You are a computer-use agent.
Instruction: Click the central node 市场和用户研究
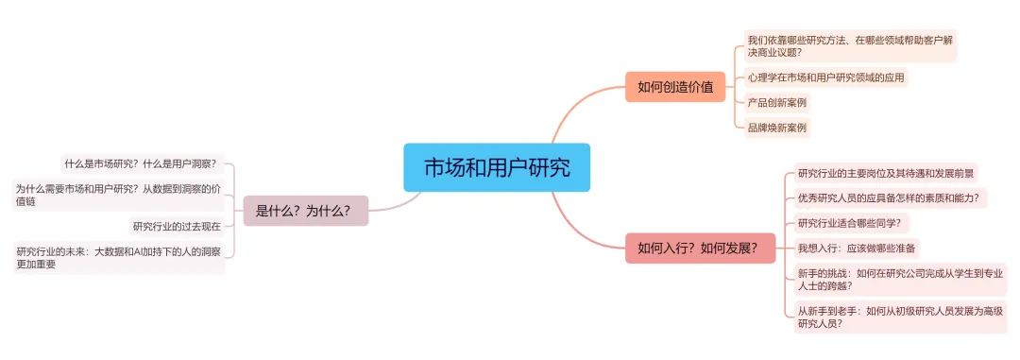(x=496, y=167)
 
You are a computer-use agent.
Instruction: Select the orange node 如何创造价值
(x=674, y=87)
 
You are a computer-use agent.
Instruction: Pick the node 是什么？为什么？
(x=305, y=211)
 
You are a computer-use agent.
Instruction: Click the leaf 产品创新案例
(x=777, y=102)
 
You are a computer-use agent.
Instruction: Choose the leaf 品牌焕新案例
(x=777, y=128)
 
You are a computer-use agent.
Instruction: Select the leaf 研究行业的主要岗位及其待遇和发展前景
(x=886, y=173)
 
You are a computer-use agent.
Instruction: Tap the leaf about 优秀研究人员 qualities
(x=889, y=198)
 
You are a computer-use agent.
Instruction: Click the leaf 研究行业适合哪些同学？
(x=849, y=224)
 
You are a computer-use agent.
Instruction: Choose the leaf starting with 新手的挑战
(x=899, y=280)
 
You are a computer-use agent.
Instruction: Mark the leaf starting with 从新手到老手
(x=899, y=316)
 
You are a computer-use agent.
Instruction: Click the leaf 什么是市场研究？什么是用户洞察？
(x=141, y=163)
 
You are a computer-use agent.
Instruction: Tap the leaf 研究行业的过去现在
(x=176, y=226)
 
